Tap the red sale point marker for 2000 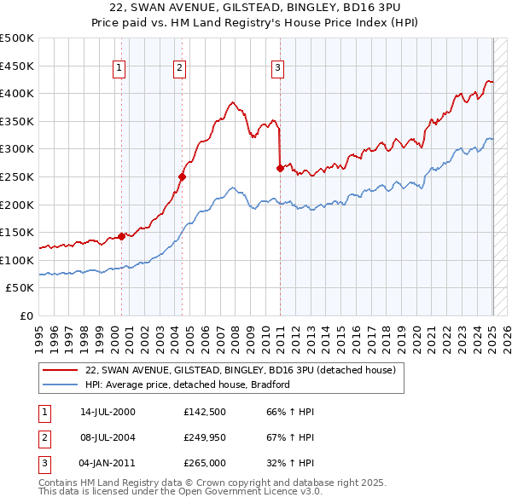click(x=122, y=236)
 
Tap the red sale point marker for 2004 click(x=182, y=176)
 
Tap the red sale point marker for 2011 click(x=280, y=168)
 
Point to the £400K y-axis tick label click(x=17, y=93)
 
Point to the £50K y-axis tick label click(x=20, y=288)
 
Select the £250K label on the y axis click(x=17, y=176)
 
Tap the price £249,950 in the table click(x=204, y=438)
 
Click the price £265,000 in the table click(x=204, y=464)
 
